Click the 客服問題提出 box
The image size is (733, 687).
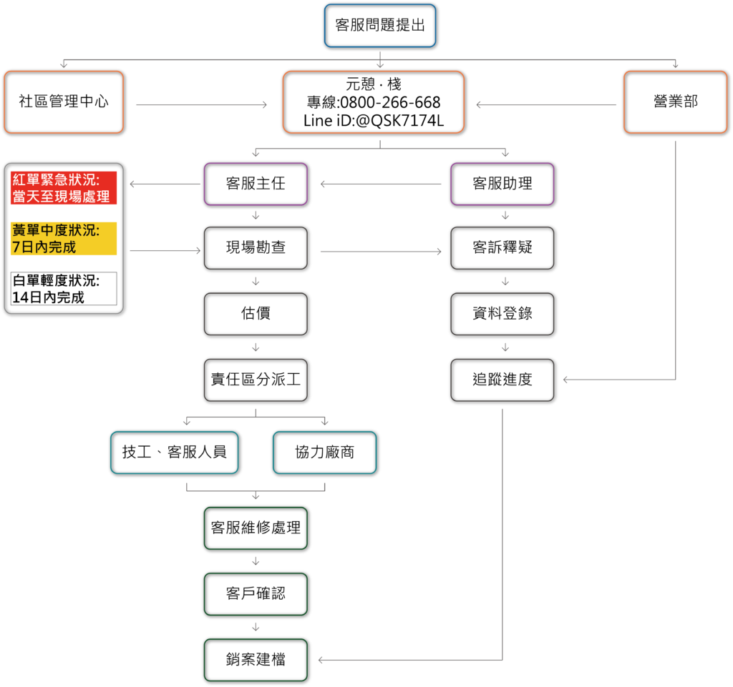pos(380,26)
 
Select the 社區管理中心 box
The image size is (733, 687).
pos(64,102)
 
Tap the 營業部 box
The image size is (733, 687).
pos(676,102)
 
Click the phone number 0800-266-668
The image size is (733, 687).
pos(390,102)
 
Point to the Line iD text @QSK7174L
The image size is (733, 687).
pos(399,120)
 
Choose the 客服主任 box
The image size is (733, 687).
pos(256,184)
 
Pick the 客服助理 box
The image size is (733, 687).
pos(503,184)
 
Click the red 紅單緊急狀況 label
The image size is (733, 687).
pos(64,187)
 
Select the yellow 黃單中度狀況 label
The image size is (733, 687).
pos(64,239)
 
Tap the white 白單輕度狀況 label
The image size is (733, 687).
pos(64,288)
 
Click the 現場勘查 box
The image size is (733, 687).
pos(256,248)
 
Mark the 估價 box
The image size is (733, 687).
pos(256,314)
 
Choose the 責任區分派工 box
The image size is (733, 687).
pos(256,380)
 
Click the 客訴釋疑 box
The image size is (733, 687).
pos(503,248)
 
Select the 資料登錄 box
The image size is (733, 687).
pos(503,314)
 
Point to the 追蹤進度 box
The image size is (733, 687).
pos(503,380)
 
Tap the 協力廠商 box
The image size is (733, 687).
pos(325,453)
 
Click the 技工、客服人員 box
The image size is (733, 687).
pos(175,453)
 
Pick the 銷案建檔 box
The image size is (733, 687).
pos(256,660)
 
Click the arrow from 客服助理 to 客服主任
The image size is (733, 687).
pos(381,184)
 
